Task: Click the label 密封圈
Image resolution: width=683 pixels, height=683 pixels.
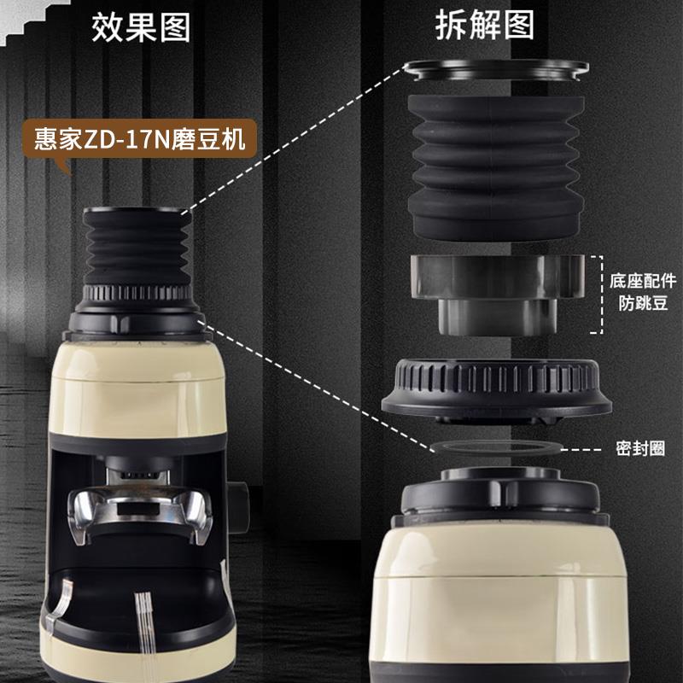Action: [640, 448]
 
